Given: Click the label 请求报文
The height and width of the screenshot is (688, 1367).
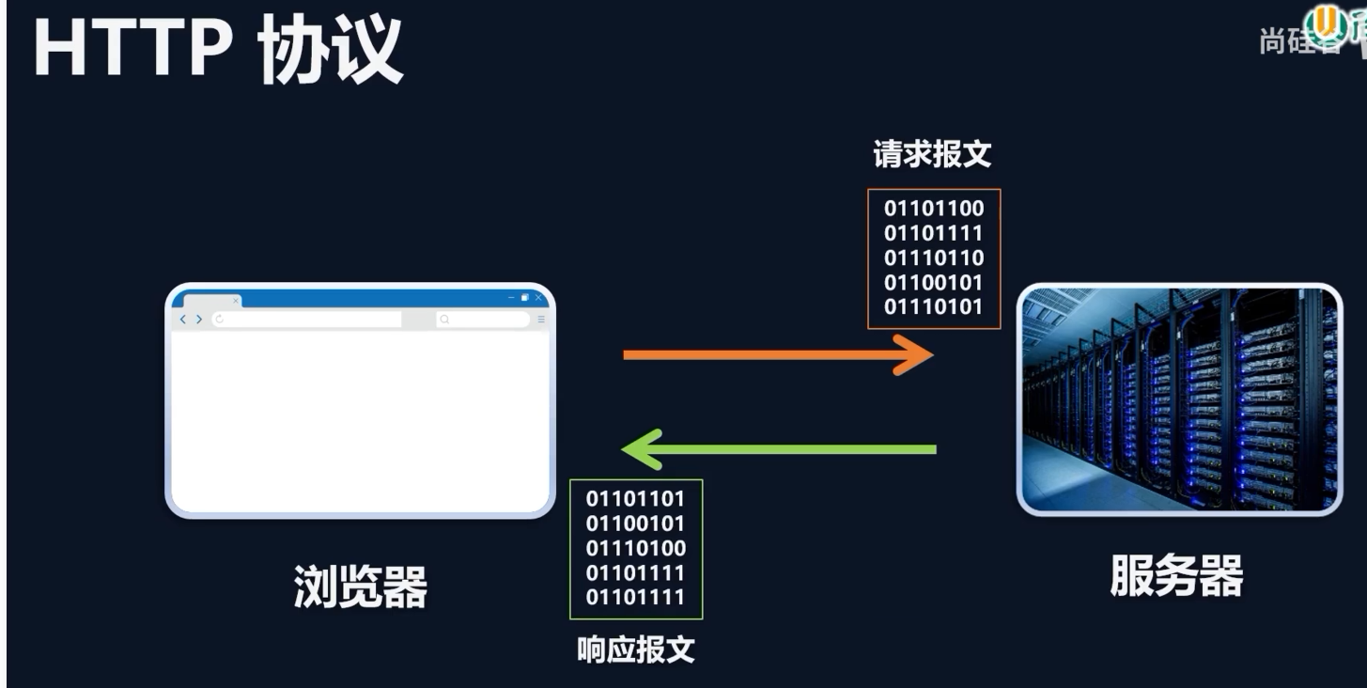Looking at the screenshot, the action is pyautogui.click(x=932, y=154).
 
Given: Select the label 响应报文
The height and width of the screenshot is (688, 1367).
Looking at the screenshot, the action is pyautogui.click(x=636, y=649).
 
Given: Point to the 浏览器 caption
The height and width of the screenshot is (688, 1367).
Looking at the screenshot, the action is pyautogui.click(x=361, y=586).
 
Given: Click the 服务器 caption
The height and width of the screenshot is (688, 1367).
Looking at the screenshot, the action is pyautogui.click(x=1176, y=575).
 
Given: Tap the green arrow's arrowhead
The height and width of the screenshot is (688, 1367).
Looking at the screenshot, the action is pyautogui.click(x=641, y=448).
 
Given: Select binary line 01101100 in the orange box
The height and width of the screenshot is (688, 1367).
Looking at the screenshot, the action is pyautogui.click(x=934, y=209).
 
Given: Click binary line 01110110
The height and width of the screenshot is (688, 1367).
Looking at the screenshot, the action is pyautogui.click(x=934, y=258).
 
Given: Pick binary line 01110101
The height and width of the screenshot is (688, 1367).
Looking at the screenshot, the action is pyautogui.click(x=934, y=306).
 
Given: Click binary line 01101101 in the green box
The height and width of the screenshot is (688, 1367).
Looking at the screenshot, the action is pyautogui.click(x=636, y=499).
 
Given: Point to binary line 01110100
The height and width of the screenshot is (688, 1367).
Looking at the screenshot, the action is pyautogui.click(x=636, y=548).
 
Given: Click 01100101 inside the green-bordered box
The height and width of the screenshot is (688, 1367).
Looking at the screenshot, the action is pyautogui.click(x=636, y=524).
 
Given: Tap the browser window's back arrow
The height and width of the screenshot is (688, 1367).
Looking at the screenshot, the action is pyautogui.click(x=184, y=320).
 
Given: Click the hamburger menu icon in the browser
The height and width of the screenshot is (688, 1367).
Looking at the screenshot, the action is pyautogui.click(x=541, y=320).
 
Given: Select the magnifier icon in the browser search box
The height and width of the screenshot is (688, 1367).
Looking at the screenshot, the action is pyautogui.click(x=444, y=320).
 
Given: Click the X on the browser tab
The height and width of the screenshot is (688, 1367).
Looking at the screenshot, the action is pyautogui.click(x=236, y=301).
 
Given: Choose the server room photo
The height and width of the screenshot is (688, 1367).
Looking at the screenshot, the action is pyautogui.click(x=1180, y=399).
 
